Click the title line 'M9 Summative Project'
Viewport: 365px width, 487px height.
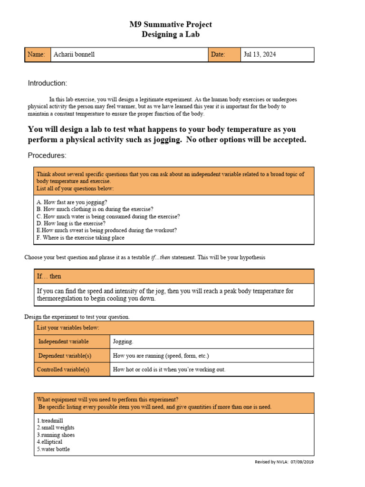coord(171,24)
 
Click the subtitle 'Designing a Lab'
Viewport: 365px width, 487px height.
coord(171,34)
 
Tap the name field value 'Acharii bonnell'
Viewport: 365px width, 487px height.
coord(74,55)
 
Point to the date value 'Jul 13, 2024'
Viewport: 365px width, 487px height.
coord(259,55)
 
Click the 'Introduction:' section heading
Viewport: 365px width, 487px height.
coord(48,83)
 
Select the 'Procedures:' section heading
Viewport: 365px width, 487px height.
coord(47,156)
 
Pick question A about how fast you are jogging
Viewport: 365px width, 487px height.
coord(72,202)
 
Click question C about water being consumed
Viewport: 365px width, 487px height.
coord(108,216)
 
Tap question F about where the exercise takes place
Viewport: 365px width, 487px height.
coord(80,238)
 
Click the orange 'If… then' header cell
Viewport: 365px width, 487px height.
coord(49,276)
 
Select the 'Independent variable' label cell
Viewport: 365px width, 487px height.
coord(63,341)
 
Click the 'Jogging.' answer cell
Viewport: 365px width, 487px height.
coord(123,341)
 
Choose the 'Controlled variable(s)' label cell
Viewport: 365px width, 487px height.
coord(64,370)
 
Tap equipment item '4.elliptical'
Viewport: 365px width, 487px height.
coord(49,442)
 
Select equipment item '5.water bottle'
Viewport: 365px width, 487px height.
coord(53,449)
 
